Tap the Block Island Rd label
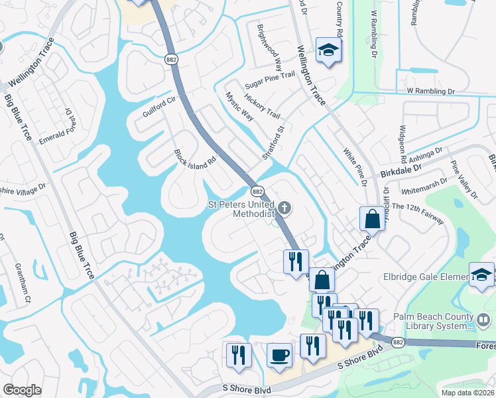pos(196,160)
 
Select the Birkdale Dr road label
pos(401,170)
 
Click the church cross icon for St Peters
pos(284,208)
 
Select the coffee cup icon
pos(279,354)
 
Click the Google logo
pos(22,391)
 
